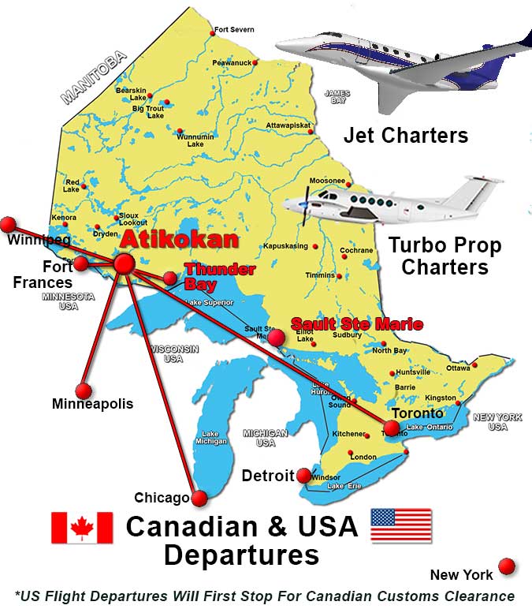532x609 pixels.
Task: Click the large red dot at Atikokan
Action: tap(124, 263)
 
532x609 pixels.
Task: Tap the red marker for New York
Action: tap(507, 566)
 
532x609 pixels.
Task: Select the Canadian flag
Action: tap(82, 527)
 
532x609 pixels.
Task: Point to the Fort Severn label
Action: tap(235, 30)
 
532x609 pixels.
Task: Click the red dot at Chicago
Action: tap(199, 498)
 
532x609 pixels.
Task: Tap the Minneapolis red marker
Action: tap(83, 390)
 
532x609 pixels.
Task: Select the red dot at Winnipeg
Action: tap(8, 224)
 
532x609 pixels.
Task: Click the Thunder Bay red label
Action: tap(220, 276)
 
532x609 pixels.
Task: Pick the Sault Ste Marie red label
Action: tap(356, 323)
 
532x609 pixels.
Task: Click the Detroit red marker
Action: tap(303, 475)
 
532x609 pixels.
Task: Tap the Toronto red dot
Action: tap(390, 428)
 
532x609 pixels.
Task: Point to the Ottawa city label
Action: tap(458, 368)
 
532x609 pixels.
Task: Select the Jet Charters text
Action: tap(405, 135)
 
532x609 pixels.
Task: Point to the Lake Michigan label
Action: tap(210, 439)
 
